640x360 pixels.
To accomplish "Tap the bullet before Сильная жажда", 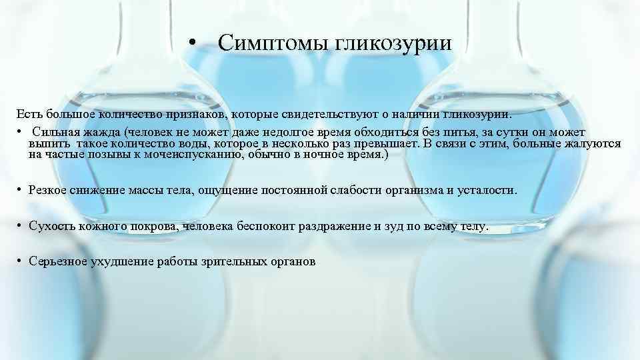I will [x=20, y=132].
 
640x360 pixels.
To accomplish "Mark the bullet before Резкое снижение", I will [x=20, y=190].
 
